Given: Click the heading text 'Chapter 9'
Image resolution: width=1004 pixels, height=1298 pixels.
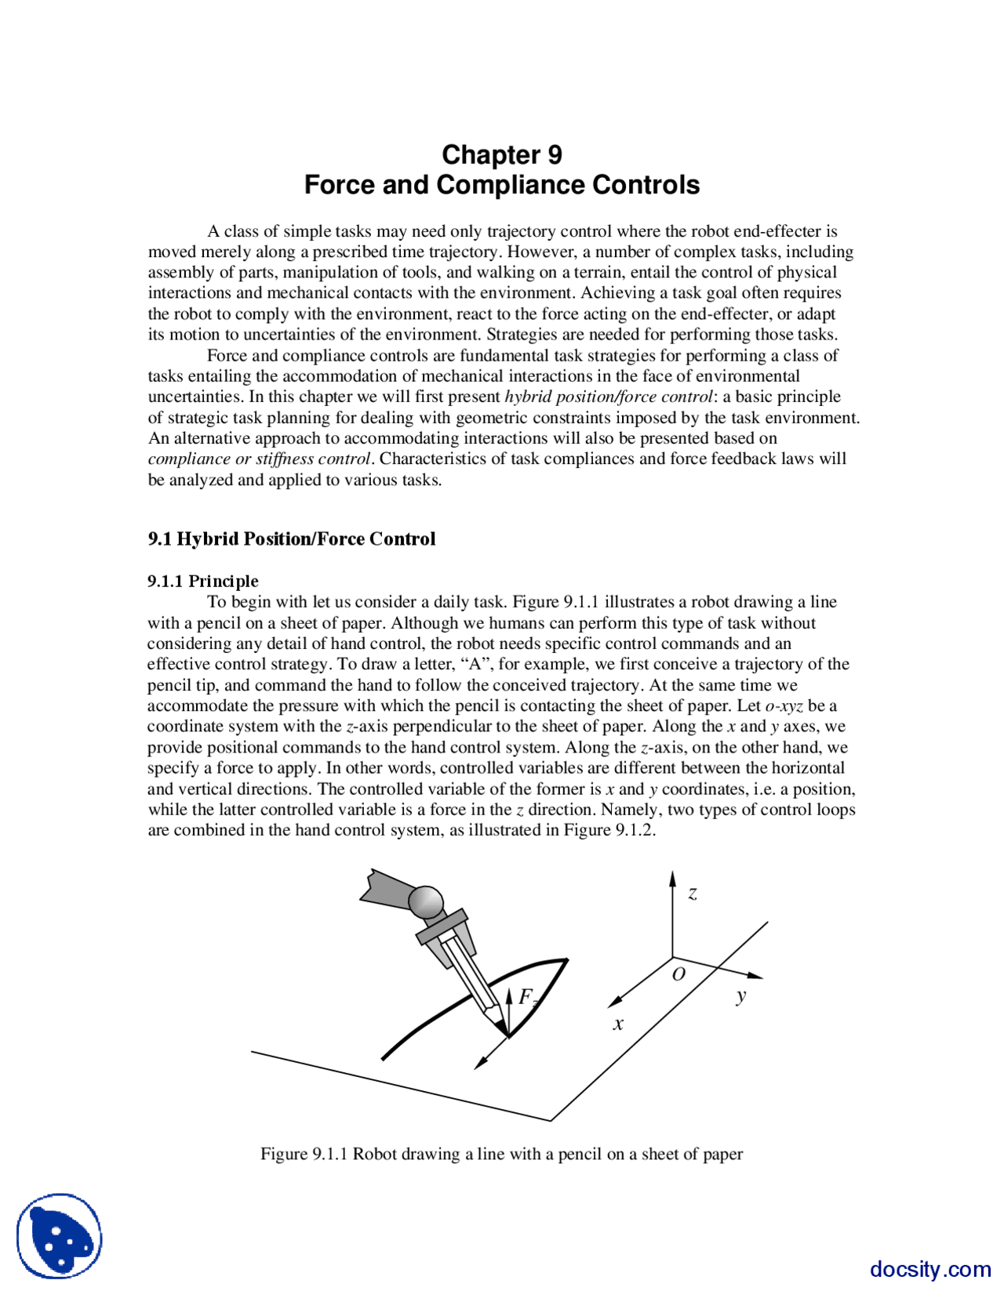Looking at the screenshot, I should click(502, 154).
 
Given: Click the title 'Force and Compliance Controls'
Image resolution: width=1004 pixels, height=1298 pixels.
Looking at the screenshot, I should click(502, 185).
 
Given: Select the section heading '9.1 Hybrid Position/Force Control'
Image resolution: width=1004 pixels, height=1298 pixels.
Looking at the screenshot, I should click(291, 539).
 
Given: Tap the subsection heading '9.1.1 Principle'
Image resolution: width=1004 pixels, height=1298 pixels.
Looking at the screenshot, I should click(202, 581).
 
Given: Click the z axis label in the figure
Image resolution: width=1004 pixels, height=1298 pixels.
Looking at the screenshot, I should click(693, 893).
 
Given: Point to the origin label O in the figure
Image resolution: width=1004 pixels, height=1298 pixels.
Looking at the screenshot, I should click(679, 974).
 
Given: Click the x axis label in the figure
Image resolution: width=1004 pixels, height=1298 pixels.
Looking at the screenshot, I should click(618, 1024).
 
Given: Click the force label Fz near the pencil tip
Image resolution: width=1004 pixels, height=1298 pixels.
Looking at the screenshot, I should click(527, 997).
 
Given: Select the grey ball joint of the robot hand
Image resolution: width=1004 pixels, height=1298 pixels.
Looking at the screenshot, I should click(426, 902).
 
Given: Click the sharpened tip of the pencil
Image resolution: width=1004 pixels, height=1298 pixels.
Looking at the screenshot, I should click(504, 1027).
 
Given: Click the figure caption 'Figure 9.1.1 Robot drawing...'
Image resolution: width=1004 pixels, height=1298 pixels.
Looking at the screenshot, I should click(502, 1154).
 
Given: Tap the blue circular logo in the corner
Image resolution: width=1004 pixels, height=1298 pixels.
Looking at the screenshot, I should click(60, 1236).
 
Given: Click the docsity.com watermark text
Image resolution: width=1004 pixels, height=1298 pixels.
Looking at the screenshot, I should click(930, 1269).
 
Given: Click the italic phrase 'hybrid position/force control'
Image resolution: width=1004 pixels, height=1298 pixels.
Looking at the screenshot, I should click(609, 397).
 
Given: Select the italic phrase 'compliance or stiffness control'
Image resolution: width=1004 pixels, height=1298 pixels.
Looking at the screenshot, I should click(259, 459).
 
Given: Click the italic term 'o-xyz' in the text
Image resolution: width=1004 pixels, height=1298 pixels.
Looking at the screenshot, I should click(784, 705).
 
